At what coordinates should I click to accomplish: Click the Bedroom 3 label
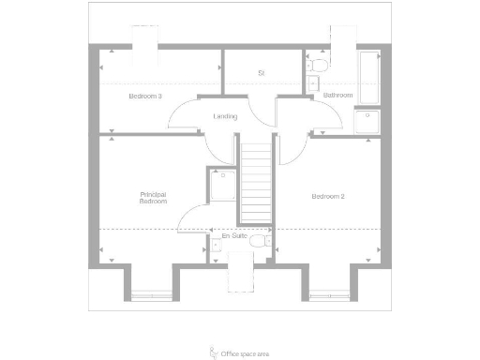(145, 96)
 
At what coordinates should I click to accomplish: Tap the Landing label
(225, 116)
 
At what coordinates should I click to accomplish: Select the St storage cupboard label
(262, 72)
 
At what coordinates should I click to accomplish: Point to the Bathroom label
(337, 96)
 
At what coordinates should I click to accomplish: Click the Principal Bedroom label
(153, 198)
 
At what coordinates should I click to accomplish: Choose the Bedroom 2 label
(328, 196)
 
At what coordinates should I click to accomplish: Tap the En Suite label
(234, 236)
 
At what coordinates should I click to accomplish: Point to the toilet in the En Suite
(268, 243)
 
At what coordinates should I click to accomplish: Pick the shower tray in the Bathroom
(367, 123)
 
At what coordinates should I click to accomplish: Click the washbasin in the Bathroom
(311, 83)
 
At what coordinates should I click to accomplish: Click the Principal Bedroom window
(152, 293)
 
